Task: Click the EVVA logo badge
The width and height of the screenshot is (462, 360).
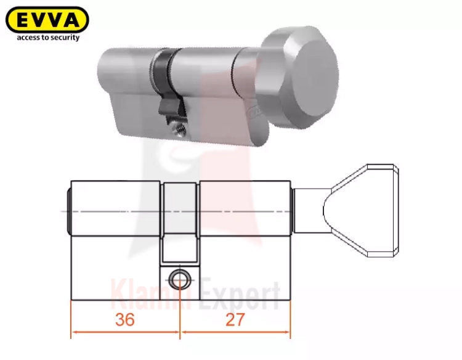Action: (x=47, y=20)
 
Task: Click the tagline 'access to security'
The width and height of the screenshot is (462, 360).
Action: (x=48, y=38)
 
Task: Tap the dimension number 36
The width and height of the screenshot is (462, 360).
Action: (x=125, y=319)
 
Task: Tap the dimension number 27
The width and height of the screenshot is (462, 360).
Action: (x=235, y=319)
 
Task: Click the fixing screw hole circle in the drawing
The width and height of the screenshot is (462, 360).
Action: (x=180, y=280)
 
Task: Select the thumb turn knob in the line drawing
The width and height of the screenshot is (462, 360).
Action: (x=361, y=211)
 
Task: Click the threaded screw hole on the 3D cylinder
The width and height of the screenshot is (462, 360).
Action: (x=180, y=129)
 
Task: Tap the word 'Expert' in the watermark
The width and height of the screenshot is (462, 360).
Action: (x=239, y=295)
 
